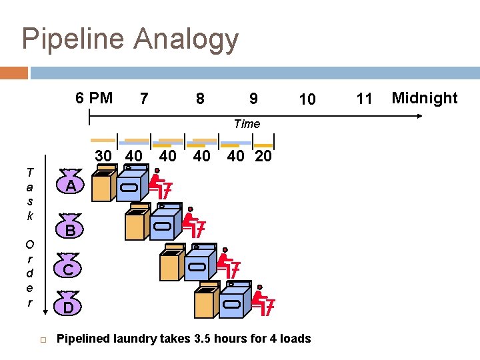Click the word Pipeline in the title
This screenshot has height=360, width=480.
click(73, 39)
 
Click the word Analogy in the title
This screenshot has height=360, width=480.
click(186, 39)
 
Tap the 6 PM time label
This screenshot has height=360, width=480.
click(94, 99)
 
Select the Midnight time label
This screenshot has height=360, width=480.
click(425, 99)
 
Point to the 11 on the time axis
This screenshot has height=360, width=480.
click(364, 99)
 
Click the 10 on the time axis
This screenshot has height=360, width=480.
click(307, 99)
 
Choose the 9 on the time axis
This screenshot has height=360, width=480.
click(253, 99)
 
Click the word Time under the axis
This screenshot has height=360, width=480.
click(247, 123)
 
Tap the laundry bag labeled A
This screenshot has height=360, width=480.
click(69, 185)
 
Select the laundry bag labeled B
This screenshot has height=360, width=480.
click(69, 229)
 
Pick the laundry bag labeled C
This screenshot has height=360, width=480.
click(69, 268)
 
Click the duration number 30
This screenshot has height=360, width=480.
click(103, 155)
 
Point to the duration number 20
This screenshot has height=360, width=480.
click(263, 155)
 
